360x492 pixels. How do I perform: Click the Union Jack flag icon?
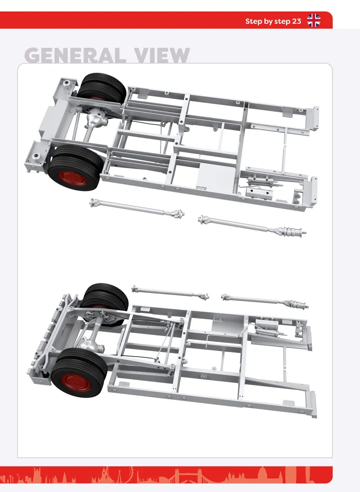click(314, 20)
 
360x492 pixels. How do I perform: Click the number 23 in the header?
click(296, 21)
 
